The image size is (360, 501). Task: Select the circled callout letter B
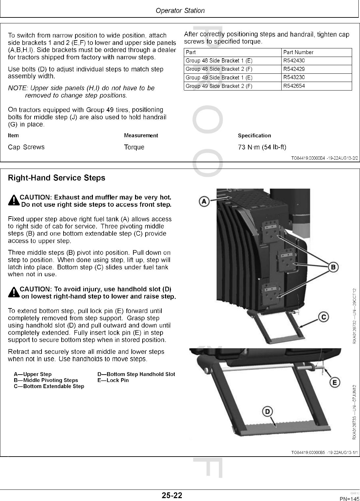(334, 267)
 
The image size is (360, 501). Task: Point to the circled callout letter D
(267, 411)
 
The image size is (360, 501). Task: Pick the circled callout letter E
(335, 382)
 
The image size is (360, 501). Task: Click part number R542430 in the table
(294, 61)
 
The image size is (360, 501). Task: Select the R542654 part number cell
(294, 86)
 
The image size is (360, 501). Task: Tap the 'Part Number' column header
(298, 52)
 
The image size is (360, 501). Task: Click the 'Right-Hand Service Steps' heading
(56, 178)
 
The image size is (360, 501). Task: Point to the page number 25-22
(172, 495)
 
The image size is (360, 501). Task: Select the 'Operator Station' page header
(180, 11)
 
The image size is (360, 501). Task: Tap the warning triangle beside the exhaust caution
(14, 201)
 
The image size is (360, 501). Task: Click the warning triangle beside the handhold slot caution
(14, 293)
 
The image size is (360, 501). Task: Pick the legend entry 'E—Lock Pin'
(113, 380)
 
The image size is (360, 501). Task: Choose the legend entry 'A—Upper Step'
(33, 374)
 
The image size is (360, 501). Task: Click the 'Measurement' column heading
(141, 136)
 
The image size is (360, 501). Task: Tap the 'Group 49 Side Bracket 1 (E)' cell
(219, 78)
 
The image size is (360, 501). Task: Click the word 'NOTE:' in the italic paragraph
(18, 88)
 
